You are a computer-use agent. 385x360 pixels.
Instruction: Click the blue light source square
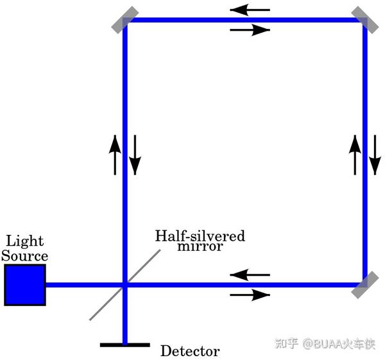click(x=25, y=285)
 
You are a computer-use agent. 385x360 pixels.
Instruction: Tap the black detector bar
click(x=125, y=345)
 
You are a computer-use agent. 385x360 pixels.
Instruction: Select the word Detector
click(x=190, y=351)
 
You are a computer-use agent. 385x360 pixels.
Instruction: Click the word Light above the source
click(x=25, y=241)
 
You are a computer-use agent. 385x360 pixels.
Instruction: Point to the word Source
click(x=24, y=255)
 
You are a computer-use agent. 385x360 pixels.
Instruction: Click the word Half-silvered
click(x=200, y=236)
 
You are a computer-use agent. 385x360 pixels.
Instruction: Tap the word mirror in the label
click(x=200, y=246)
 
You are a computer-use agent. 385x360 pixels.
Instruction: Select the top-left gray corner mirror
click(x=125, y=20)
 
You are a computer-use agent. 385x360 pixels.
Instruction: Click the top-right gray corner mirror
click(x=365, y=20)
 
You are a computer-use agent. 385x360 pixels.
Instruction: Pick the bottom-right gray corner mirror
click(x=365, y=285)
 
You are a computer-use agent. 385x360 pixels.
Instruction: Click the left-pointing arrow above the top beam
click(x=250, y=10)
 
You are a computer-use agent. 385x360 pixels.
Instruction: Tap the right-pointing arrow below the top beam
click(x=250, y=30)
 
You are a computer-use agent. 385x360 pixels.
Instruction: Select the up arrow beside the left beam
click(x=115, y=155)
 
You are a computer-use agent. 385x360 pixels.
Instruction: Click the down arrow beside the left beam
click(x=135, y=155)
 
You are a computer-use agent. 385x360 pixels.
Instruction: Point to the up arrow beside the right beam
click(x=355, y=155)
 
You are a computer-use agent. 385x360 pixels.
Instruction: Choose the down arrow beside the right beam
click(x=375, y=155)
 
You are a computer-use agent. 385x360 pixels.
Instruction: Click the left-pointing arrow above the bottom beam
click(x=250, y=275)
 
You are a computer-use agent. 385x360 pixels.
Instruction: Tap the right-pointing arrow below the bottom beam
click(x=250, y=295)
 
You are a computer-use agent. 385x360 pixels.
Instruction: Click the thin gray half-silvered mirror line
click(x=125, y=285)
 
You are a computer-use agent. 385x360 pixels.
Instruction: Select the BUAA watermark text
click(x=325, y=343)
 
